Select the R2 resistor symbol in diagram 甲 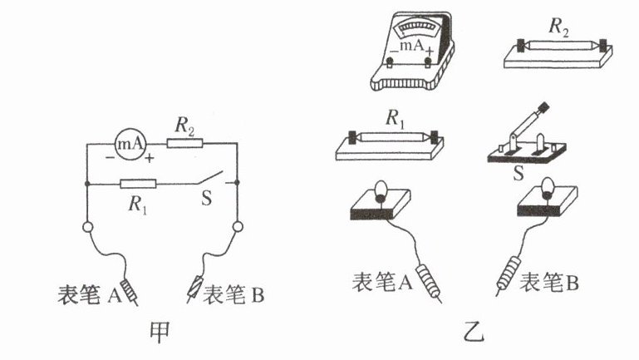[x=184, y=144]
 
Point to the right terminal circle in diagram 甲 [x=238, y=226]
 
